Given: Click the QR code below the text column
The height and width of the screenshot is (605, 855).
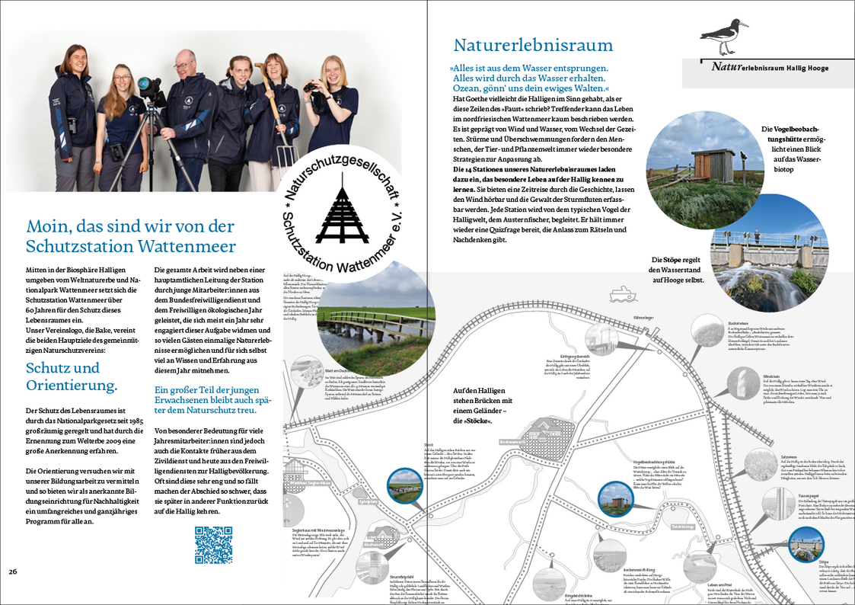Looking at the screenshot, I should tap(212, 546).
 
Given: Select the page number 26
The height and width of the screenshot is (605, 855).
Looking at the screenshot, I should tap(13, 571).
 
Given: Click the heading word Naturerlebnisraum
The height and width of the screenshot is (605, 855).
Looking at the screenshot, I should tap(533, 44).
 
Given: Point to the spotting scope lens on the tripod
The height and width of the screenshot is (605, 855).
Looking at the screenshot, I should tap(145, 85).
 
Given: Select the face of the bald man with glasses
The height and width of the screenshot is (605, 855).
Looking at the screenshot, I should tap(184, 66).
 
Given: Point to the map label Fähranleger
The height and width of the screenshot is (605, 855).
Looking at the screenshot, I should tap(623, 315).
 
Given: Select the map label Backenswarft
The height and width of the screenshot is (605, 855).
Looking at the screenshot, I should tap(512, 441).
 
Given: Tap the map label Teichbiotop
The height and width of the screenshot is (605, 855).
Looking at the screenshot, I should tap(682, 526).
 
